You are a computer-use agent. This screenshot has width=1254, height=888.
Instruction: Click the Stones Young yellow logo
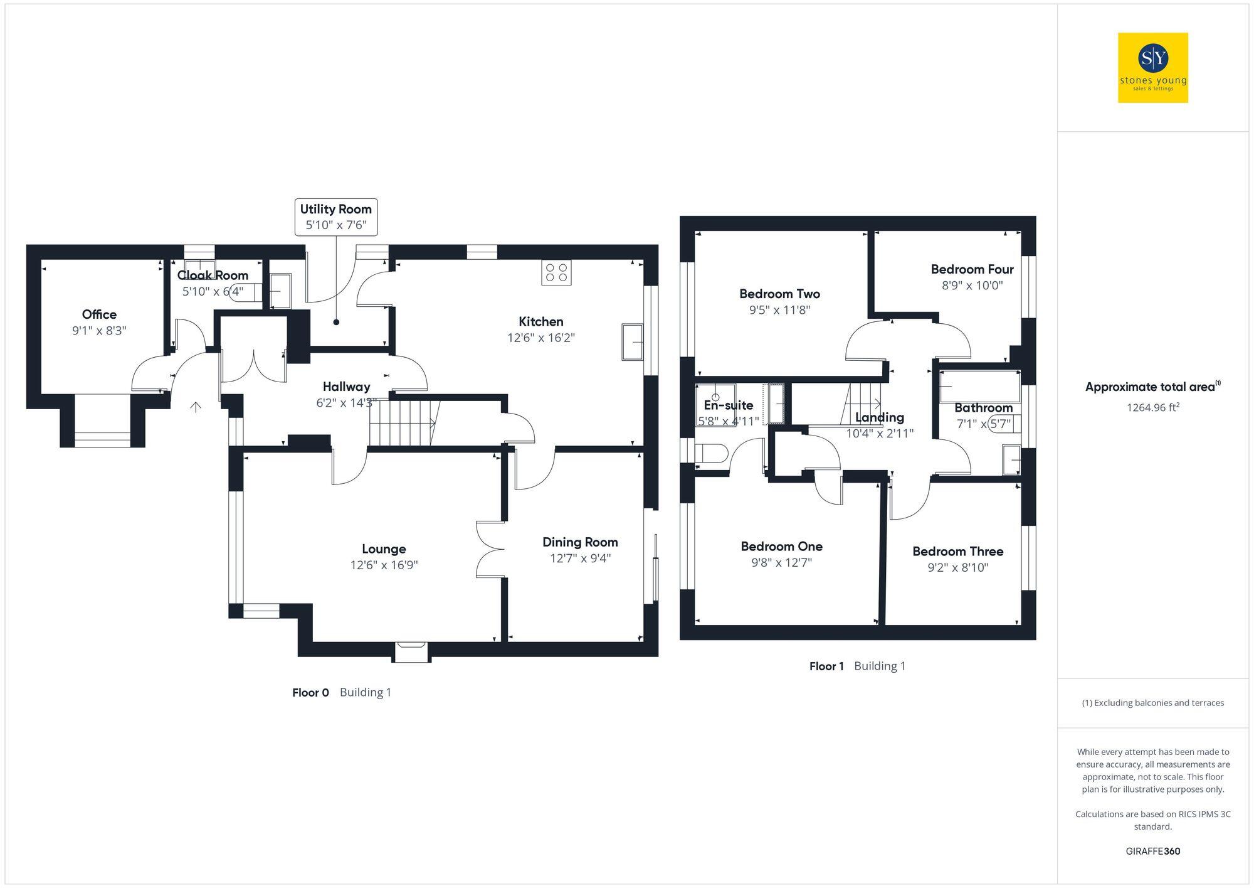click(1152, 68)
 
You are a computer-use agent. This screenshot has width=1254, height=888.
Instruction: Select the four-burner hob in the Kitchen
click(556, 272)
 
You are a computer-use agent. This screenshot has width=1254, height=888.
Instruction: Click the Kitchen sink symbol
click(633, 342)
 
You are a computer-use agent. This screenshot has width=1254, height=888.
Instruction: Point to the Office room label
click(99, 314)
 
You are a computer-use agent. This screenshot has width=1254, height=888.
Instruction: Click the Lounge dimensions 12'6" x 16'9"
click(384, 565)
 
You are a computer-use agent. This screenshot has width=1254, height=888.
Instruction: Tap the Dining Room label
click(580, 542)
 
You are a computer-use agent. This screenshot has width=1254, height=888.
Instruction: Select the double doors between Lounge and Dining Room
click(490, 549)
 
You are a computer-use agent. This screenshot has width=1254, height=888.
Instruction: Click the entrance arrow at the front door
click(196, 407)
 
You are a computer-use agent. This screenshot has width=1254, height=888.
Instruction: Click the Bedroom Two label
click(779, 294)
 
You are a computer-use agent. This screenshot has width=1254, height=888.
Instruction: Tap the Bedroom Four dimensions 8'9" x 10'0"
click(972, 286)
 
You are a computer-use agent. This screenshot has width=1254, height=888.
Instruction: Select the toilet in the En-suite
click(712, 453)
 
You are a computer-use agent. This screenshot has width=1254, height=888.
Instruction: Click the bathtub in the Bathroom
click(979, 385)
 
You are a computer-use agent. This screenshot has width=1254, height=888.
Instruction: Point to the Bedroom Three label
click(957, 552)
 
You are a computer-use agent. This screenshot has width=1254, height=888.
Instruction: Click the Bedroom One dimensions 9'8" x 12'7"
click(781, 562)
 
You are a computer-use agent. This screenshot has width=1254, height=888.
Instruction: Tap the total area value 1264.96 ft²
click(1152, 407)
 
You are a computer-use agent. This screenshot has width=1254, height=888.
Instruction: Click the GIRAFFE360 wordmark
click(1152, 851)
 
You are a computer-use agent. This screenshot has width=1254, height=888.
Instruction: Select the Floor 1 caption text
click(857, 666)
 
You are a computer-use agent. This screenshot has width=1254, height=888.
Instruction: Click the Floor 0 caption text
click(341, 692)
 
